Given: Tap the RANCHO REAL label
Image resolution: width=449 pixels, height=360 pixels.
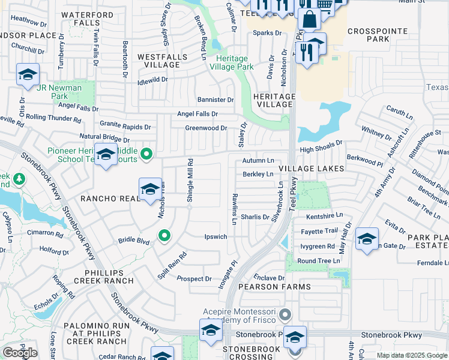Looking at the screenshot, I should click(110, 197).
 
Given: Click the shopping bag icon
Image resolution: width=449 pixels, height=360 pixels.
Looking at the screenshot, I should click(309, 19).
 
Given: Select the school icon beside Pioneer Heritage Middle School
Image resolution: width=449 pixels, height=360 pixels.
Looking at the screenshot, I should click(106, 155).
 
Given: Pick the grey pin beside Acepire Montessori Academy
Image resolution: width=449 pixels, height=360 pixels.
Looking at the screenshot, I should click(286, 313).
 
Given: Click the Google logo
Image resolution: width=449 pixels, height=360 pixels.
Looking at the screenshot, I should click(20, 353).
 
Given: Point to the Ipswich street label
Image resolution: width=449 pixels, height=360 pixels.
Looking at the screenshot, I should click(216, 237).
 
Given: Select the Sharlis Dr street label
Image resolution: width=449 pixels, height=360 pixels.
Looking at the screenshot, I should click(255, 217).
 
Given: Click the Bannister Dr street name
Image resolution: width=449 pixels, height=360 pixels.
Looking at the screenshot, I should click(215, 100).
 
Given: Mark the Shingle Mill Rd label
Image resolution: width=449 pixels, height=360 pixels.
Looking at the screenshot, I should click(190, 180).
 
